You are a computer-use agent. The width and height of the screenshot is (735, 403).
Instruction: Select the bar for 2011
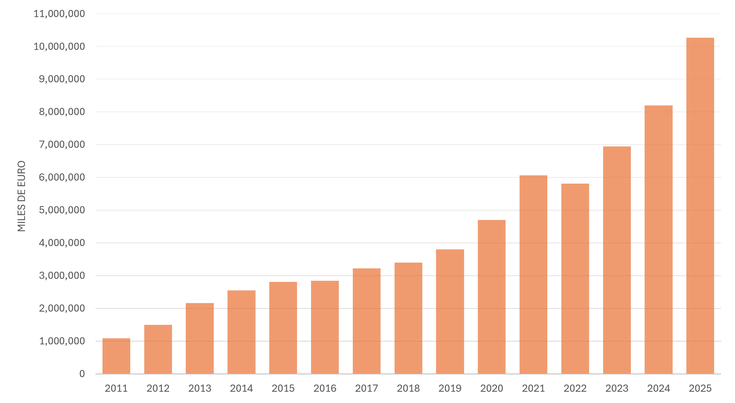116,356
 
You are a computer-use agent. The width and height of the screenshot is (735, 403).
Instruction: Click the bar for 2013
200,338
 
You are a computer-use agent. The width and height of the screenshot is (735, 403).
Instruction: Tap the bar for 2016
325,327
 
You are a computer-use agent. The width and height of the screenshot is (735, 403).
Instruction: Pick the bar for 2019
450,312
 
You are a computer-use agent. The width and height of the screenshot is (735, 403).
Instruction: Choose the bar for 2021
533,274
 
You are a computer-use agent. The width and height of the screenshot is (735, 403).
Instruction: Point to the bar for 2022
575,279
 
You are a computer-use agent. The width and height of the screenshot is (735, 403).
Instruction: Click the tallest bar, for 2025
700,206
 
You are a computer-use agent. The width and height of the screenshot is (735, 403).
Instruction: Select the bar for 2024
659,239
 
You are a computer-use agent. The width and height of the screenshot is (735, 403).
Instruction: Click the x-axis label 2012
158,388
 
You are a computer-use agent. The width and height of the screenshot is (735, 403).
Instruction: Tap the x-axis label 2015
283,388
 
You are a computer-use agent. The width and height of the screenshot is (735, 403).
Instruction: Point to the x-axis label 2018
408,388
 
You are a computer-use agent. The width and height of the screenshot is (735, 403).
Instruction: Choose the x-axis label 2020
492,388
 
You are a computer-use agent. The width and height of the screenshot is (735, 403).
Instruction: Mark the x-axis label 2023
617,388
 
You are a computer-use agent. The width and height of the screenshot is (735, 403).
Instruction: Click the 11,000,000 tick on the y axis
59,14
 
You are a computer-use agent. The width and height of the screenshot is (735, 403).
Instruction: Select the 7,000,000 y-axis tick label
62,145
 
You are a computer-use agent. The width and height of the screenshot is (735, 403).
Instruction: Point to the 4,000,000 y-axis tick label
62,243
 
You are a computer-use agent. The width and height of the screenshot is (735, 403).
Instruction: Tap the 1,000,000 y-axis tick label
62,341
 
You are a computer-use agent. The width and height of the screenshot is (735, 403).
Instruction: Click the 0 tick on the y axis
82,374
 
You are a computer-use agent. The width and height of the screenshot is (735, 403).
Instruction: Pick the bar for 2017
367,321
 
